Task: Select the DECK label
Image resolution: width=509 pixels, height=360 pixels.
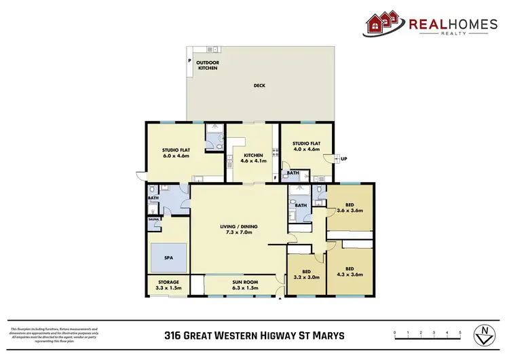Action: (x=259, y=86)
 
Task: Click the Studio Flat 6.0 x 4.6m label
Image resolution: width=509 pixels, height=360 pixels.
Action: (x=175, y=153)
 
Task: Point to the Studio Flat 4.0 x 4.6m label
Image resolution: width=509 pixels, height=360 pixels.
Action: (x=306, y=147)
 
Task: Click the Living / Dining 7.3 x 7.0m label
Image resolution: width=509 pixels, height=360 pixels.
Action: (x=239, y=230)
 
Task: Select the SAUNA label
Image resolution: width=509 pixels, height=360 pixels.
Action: (x=153, y=219)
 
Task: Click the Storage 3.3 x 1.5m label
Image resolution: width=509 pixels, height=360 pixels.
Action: (x=168, y=285)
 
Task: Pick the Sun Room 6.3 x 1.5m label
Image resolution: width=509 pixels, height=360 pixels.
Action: (x=240, y=285)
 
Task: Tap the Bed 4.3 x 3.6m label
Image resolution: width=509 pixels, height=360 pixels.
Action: (x=350, y=270)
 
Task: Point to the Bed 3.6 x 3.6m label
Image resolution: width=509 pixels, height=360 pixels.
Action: (x=350, y=207)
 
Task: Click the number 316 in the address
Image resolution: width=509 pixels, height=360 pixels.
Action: (x=174, y=335)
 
